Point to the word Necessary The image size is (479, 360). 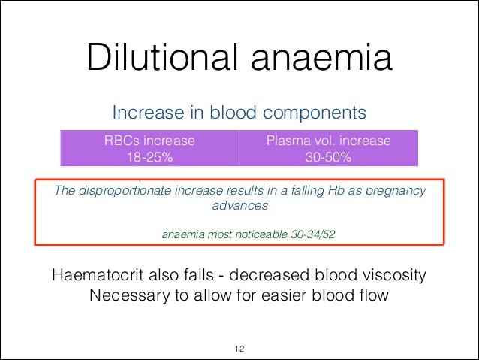tap(129, 295)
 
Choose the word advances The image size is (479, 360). tap(239, 204)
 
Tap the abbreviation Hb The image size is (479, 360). tap(337, 190)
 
